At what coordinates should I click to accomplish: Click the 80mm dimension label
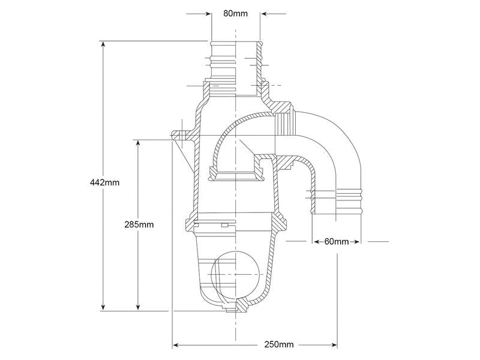(x=235, y=13)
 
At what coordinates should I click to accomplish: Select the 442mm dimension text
(x=104, y=182)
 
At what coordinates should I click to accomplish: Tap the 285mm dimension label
(x=139, y=224)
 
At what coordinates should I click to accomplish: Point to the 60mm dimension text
(x=337, y=242)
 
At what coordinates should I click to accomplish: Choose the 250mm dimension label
(x=279, y=344)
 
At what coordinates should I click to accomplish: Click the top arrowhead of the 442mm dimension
(x=103, y=43)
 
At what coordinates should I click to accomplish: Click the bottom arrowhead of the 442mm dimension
(x=103, y=308)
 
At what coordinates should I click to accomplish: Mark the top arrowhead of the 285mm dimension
(x=139, y=143)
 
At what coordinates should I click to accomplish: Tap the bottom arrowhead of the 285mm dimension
(x=139, y=308)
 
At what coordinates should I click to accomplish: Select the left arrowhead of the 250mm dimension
(x=175, y=346)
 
